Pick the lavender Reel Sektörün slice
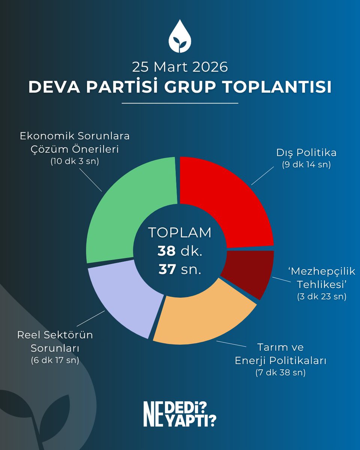pyautogui.click(x=120, y=296)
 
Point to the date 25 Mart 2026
pyautogui.click(x=180, y=67)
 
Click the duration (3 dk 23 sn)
pyautogui.click(x=321, y=296)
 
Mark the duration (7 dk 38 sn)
pyautogui.click(x=280, y=373)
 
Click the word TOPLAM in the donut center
pyautogui.click(x=180, y=232)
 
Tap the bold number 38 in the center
pyautogui.click(x=166, y=251)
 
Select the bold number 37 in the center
pyautogui.click(x=167, y=269)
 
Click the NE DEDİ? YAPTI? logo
pyautogui.click(x=180, y=413)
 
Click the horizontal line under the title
pyautogui.click(x=180, y=103)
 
